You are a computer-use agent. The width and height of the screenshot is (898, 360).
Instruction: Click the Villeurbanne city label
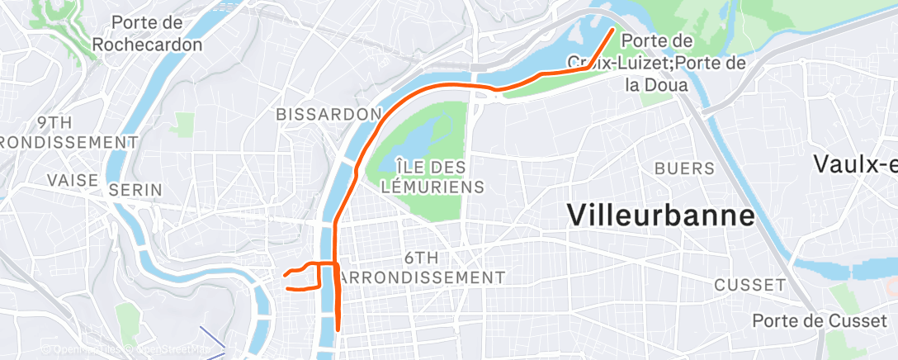click(x=661, y=215)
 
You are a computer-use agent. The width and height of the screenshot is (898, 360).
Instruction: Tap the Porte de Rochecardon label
click(x=147, y=34)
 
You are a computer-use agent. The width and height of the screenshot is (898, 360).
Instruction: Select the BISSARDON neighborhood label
click(x=329, y=113)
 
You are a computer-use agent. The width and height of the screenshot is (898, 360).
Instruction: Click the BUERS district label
click(x=684, y=168)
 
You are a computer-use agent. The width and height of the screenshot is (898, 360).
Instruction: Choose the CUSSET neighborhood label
click(x=749, y=285)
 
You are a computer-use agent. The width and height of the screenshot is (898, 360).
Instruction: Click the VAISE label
click(x=73, y=179)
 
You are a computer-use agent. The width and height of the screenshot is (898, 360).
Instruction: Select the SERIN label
click(x=136, y=190)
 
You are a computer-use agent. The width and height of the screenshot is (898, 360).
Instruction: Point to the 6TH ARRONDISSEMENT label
click(x=421, y=268)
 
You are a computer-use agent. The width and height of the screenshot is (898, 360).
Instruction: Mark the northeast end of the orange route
click(x=612, y=30)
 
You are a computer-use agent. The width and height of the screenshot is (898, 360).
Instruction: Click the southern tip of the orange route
click(x=338, y=329)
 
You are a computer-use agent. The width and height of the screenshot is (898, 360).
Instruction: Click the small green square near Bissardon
click(x=184, y=125)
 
